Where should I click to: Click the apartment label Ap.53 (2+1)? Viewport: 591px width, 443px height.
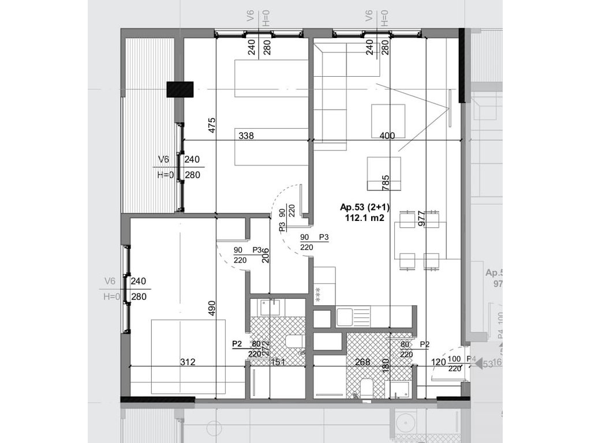[x=361, y=208]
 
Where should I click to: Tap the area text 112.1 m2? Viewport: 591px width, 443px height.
[x=361, y=218]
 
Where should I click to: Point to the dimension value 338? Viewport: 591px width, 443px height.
[x=246, y=136]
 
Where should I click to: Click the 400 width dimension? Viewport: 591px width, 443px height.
[x=388, y=136]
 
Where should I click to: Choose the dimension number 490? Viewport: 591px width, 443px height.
[x=212, y=309]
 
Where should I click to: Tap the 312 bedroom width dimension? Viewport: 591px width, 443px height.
[x=188, y=362]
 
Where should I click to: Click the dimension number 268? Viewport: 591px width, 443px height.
[x=362, y=362]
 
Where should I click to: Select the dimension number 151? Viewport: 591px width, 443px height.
[x=279, y=362]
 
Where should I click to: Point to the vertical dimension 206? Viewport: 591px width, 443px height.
[x=266, y=254]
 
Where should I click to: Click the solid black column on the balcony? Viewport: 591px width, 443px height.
[x=179, y=89]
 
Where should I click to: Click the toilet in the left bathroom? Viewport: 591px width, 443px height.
[x=295, y=341]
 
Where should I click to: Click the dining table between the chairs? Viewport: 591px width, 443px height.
[x=420, y=241]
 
